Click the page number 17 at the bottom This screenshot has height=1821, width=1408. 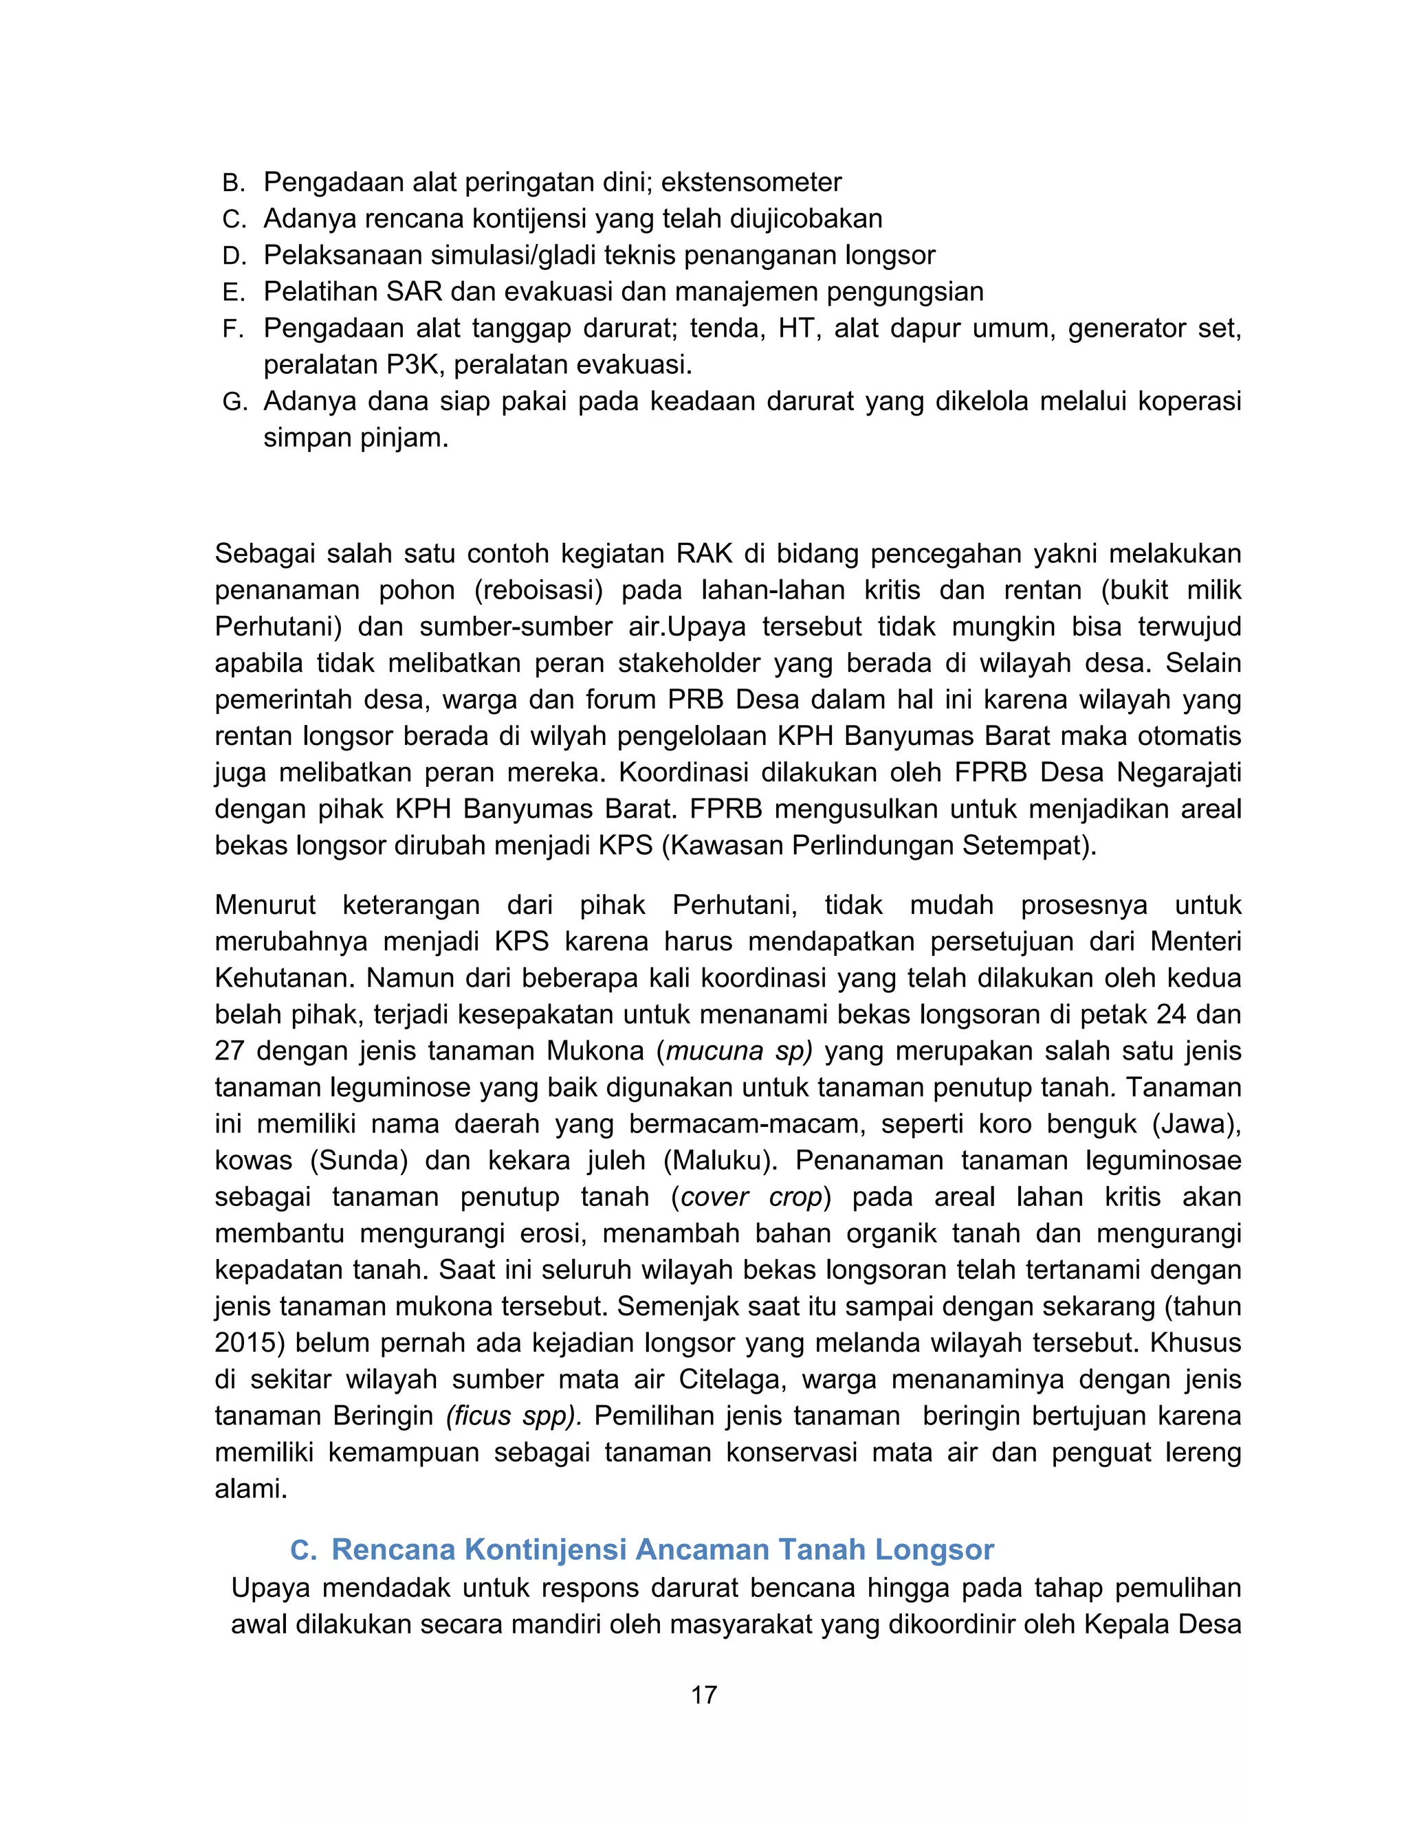click(x=703, y=1695)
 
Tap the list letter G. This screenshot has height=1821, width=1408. click(x=234, y=403)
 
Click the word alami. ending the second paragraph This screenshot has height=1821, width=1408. click(x=250, y=1490)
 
